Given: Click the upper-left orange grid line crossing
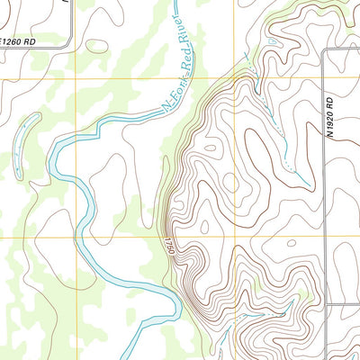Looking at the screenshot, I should coord(76,79).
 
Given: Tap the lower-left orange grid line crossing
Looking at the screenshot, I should coord(76,238).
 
